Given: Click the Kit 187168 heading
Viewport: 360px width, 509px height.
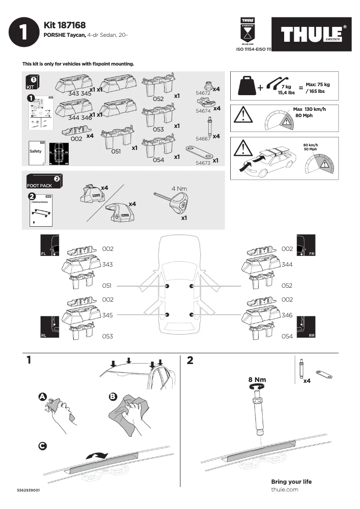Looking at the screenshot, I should coord(65,26).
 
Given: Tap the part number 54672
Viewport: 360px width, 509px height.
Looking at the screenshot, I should coord(203,93).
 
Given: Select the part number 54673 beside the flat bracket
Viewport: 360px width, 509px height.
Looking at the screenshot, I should coord(203,163).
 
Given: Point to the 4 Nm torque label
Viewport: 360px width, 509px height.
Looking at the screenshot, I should coord(180,189).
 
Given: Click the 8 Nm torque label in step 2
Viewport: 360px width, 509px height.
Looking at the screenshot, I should coord(257,380).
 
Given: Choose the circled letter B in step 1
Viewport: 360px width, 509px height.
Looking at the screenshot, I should coord(113,397).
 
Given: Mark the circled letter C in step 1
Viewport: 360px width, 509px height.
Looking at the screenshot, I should coord(42,446).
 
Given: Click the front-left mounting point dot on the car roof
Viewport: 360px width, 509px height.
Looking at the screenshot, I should coord(167,286).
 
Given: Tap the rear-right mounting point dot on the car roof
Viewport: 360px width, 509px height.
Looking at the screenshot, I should coord(192,315).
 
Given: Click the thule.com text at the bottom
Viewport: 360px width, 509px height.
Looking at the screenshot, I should coord(285,490).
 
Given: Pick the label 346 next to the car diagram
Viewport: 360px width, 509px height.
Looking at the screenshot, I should coord(287,316).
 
